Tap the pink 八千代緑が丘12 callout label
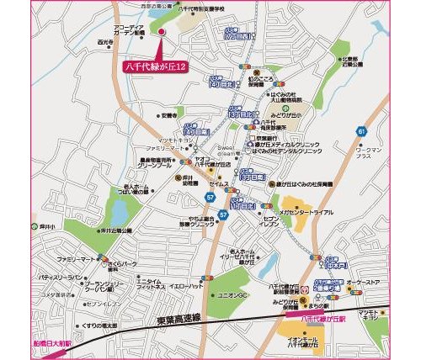[154, 64]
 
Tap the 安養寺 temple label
[168, 115]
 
